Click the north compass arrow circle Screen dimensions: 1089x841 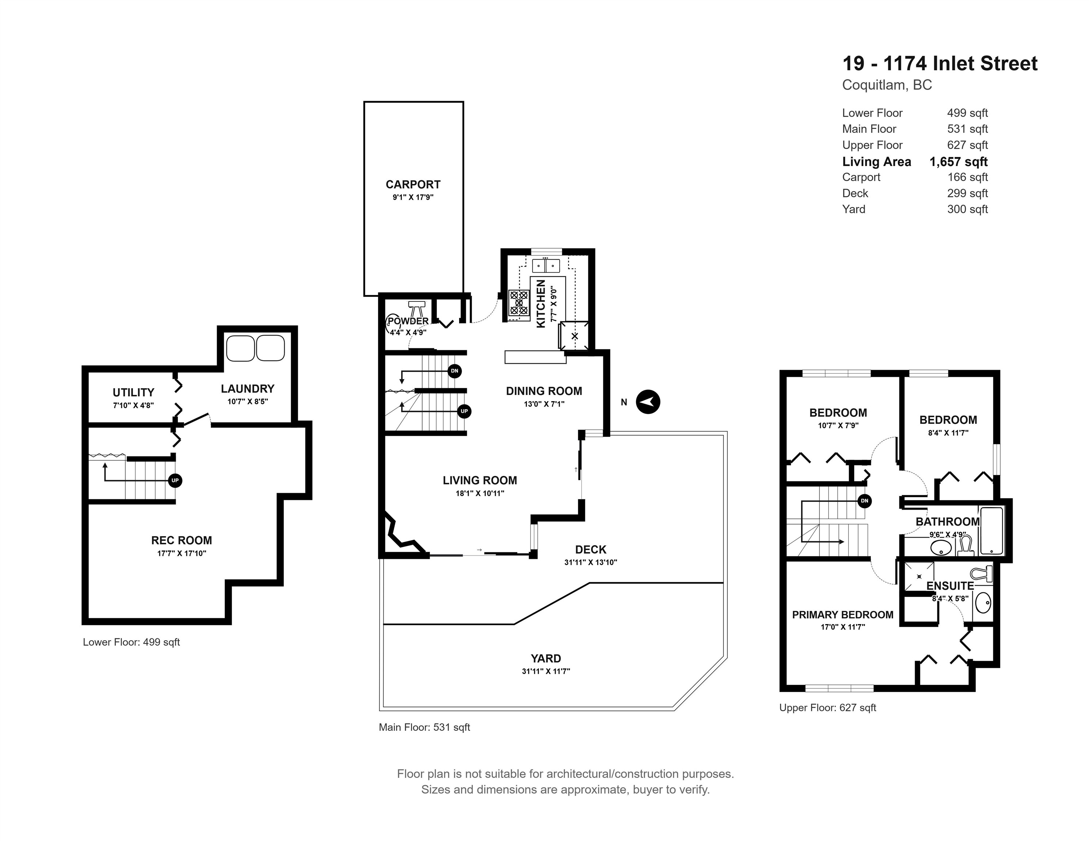(x=648, y=402)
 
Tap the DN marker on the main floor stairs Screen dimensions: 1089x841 (x=454, y=371)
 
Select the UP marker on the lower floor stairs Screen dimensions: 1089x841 (x=175, y=480)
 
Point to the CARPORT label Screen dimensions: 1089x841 (x=413, y=184)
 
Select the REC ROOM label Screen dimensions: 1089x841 (x=182, y=540)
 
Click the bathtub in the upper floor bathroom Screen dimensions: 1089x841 (x=991, y=531)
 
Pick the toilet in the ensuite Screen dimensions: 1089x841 (x=982, y=574)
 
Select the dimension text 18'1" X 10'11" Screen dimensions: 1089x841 (x=480, y=493)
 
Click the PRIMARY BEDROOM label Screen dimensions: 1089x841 (x=843, y=615)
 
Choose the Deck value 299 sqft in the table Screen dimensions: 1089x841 (x=967, y=193)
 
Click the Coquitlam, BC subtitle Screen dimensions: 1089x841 (x=887, y=85)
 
